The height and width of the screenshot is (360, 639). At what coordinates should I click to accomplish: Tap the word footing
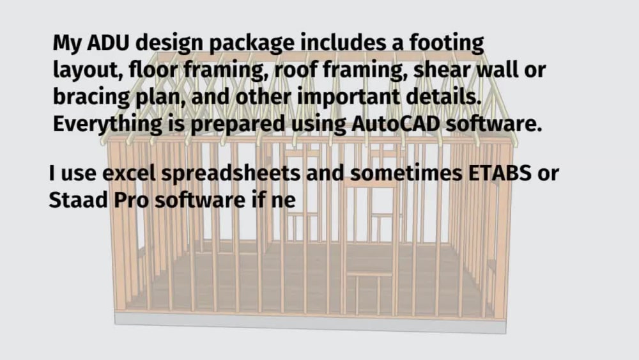447,44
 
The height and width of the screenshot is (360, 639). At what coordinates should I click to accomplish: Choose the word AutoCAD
396,123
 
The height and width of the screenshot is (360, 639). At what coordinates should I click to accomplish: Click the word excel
129,173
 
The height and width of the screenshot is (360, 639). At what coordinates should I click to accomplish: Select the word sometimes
406,173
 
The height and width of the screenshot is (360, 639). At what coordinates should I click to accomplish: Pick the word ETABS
500,173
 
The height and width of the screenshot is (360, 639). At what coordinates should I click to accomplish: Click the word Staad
78,200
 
